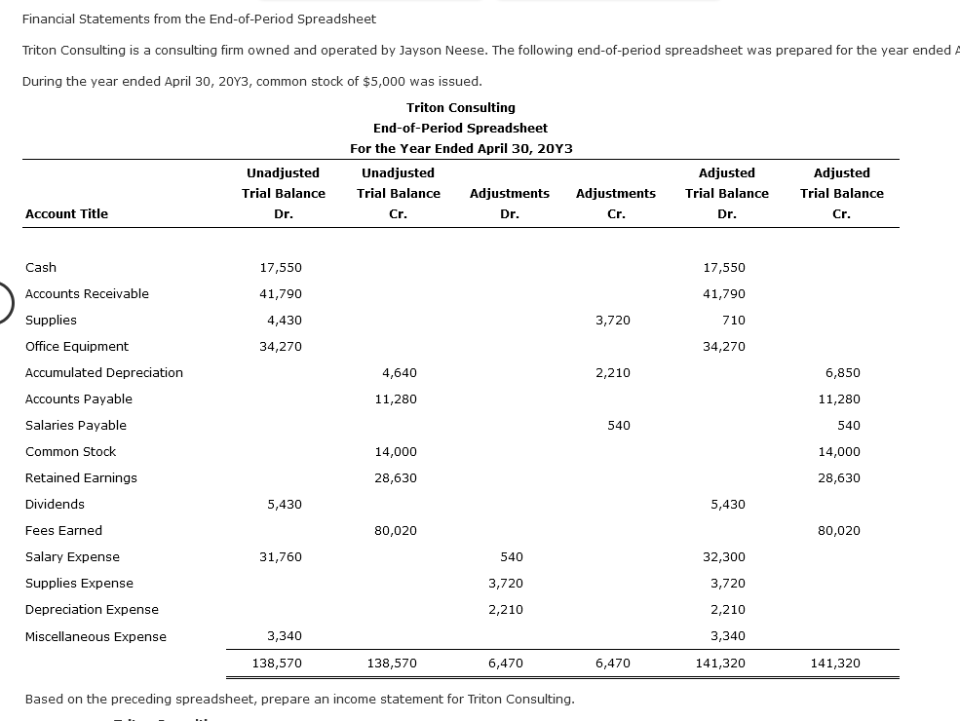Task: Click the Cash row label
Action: pos(41,268)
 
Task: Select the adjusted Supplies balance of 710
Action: pos(733,321)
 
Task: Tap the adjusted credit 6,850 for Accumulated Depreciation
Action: pos(842,373)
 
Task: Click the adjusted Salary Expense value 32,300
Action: pos(723,557)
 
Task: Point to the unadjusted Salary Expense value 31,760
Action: pos(281,557)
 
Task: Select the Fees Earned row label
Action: pos(63,531)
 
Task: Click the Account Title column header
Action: pos(66,214)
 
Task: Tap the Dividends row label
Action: pos(55,505)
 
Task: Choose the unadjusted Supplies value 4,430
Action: pos(284,321)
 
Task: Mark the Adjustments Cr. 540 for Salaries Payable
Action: pos(618,426)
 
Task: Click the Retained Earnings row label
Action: pos(81,478)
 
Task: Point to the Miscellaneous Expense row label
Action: pos(96,637)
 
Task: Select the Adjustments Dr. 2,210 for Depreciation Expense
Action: pos(506,610)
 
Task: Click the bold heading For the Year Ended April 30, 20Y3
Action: pos(461,149)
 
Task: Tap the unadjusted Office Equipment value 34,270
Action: pos(281,347)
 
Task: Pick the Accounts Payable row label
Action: pos(78,399)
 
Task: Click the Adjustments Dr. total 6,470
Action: pos(506,664)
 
